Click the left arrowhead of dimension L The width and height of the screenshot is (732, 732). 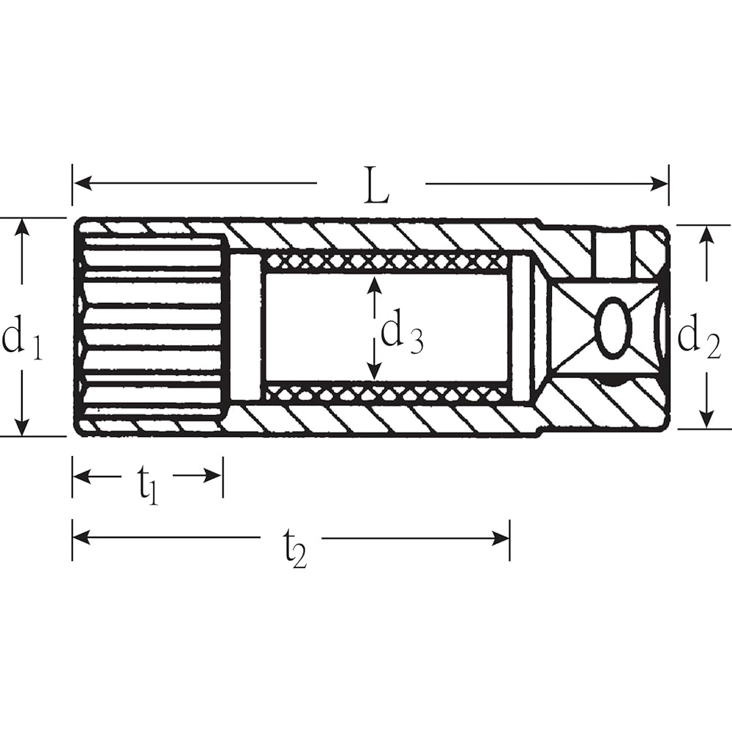pos(82,184)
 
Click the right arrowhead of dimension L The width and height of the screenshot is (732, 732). pos(660,184)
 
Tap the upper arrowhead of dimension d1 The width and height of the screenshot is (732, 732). pos(21,228)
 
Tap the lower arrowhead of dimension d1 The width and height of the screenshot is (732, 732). pos(21,427)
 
